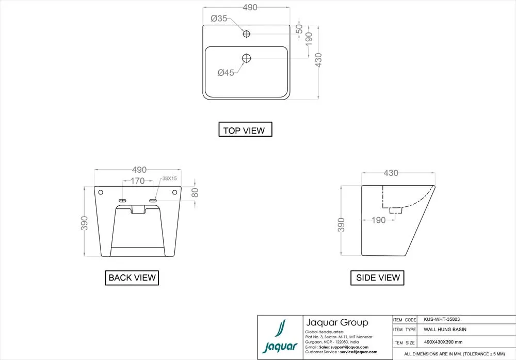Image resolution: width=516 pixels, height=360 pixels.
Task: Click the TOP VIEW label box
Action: pos(245,129)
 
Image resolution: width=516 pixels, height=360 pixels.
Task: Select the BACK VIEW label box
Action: pos(132,277)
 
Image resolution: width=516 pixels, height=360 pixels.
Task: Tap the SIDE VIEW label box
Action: pos(377,277)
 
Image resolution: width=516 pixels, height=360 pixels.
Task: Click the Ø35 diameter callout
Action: pos(219,19)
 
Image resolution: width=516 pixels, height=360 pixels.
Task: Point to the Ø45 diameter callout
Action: pos(226,72)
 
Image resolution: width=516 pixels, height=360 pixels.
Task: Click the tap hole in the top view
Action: pos(246,34)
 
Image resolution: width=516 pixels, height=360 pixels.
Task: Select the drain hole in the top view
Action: pos(247,58)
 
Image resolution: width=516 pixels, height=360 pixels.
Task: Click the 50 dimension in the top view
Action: pos(299,29)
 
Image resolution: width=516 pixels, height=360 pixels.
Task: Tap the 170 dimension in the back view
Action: pos(138,181)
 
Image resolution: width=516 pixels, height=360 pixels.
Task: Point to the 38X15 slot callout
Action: pos(169,178)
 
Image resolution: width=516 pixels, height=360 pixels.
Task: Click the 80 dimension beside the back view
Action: pos(195,192)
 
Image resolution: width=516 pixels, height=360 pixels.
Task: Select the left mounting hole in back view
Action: pos(101,192)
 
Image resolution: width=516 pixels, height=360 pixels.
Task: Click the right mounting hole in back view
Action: pos(175,192)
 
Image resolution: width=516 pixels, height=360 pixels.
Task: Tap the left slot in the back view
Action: pos(122,201)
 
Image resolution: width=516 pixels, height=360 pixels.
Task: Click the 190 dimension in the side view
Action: pos(378,220)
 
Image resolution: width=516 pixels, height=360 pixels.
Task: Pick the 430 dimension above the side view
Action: pos(391,173)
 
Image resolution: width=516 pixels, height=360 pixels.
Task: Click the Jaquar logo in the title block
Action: pos(280,337)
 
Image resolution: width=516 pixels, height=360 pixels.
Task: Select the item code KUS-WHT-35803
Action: pos(442,319)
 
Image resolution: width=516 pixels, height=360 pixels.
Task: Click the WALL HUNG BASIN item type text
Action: pos(445,330)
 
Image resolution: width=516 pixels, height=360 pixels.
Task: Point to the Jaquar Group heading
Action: pos(337,322)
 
